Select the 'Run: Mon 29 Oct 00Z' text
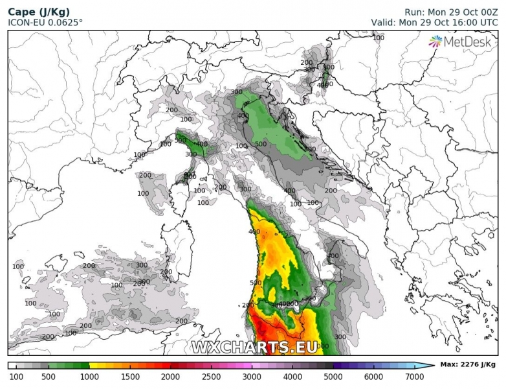pos(451,12)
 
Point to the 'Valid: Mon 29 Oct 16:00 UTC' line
pos(434,23)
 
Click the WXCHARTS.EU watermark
pos(254,347)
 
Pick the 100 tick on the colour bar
pos(16,376)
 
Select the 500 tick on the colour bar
pos(49,376)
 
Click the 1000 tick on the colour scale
pos(89,376)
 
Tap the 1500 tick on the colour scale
pos(130,376)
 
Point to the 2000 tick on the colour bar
pos(171,376)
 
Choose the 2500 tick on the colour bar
pos(212,376)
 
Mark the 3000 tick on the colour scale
pos(252,376)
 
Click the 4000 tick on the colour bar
pos(293,376)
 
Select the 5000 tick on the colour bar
pos(334,376)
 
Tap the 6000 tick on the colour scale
pos(375,376)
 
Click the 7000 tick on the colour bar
pos(415,376)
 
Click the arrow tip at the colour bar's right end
pos(434,366)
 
